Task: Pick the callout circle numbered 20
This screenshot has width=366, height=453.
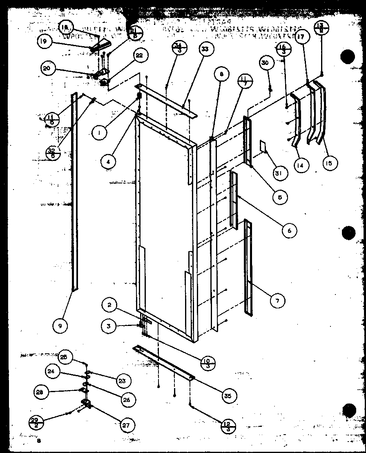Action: (47, 68)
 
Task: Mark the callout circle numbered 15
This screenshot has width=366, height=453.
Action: (330, 163)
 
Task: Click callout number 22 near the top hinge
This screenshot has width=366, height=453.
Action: (140, 56)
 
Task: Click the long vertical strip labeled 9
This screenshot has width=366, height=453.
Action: (74, 192)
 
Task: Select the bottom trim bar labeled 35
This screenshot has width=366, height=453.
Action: (163, 361)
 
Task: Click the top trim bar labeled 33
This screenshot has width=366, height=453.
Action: (167, 100)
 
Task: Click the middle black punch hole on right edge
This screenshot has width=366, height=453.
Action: (349, 233)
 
